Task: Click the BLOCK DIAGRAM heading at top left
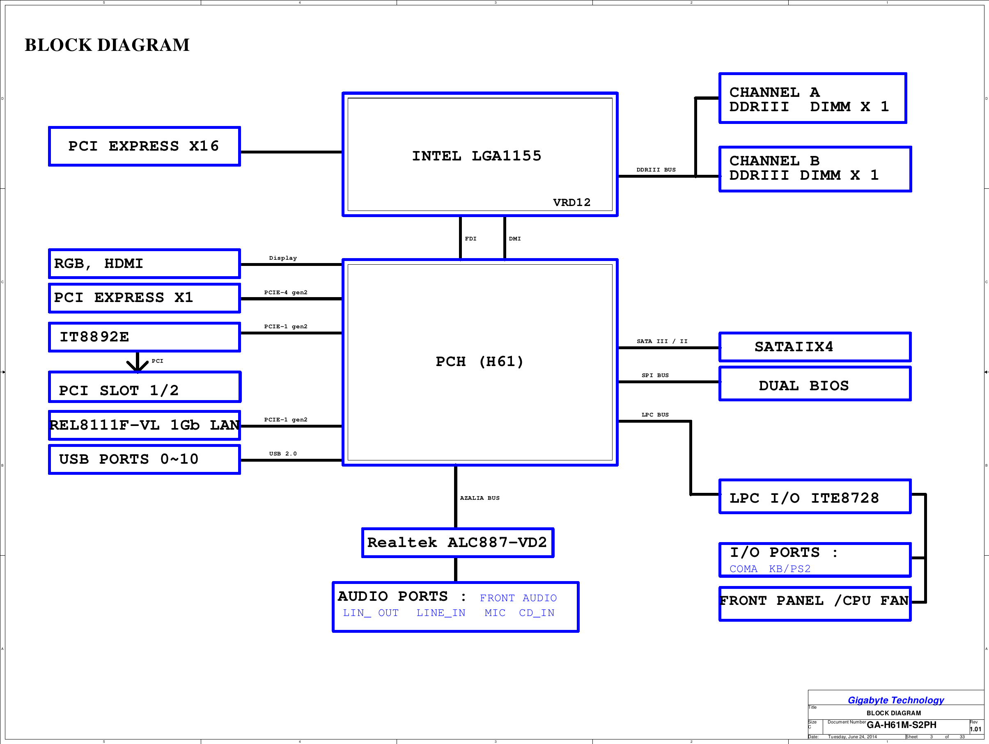tap(107, 45)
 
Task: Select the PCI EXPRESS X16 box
tap(144, 146)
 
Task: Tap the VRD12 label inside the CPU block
tap(571, 202)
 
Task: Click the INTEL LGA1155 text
tap(476, 156)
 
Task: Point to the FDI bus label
tap(470, 238)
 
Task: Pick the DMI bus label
tap(515, 238)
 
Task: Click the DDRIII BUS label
tap(656, 170)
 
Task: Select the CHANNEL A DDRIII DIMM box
tap(812, 98)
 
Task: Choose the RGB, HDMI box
tap(144, 263)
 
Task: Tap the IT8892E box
tap(144, 337)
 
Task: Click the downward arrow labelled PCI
tap(137, 362)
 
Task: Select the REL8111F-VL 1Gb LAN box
tap(144, 425)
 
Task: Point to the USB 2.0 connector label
tap(282, 453)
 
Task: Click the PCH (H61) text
tap(479, 362)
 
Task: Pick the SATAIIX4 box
tap(815, 347)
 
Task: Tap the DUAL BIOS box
tap(815, 385)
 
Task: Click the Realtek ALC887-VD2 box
tap(457, 543)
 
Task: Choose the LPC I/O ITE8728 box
tap(815, 497)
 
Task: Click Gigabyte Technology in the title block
tap(895, 700)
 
